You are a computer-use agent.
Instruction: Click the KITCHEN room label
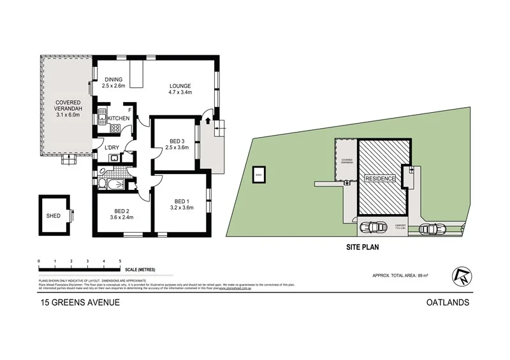119,119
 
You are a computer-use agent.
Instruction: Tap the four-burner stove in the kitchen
117,129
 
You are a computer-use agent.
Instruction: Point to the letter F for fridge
129,111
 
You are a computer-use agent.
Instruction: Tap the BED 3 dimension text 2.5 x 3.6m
174,148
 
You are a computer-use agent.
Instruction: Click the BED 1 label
182,199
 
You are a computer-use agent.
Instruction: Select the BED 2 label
122,211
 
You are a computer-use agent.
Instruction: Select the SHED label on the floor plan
54,216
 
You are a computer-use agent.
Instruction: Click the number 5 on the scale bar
120,261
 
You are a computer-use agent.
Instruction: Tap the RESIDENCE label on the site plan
381,179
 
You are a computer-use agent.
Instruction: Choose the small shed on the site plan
259,175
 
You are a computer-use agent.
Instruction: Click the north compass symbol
460,275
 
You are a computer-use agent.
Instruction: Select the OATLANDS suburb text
448,303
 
